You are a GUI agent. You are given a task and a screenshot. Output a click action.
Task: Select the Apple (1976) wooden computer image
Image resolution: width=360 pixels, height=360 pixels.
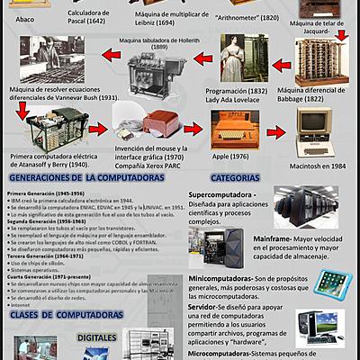[x=230, y=128]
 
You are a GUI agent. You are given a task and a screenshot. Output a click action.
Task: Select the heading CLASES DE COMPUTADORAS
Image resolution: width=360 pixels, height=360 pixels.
[x=62, y=317]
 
